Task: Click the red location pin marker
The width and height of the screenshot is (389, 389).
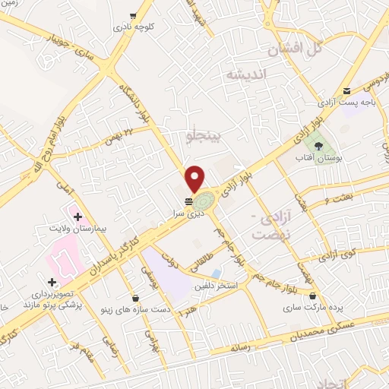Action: [194, 178]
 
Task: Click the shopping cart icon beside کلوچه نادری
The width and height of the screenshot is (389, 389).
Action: [134, 14]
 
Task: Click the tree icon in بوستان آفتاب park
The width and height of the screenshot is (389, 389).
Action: [318, 144]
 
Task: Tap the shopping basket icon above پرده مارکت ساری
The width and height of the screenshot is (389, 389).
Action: [314, 295]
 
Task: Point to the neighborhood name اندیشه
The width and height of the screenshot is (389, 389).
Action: [243, 74]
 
